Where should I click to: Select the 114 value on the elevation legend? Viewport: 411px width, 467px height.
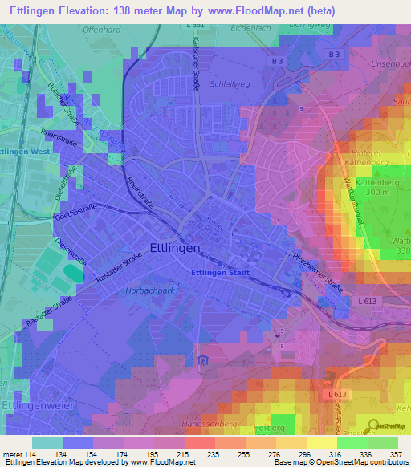coord(32,454)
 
